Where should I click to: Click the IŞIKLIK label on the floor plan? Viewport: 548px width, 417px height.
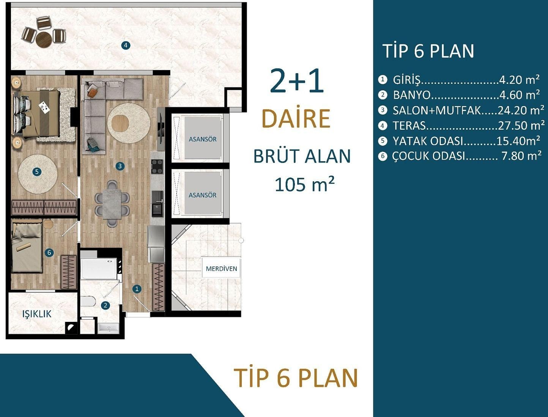(x=37, y=314)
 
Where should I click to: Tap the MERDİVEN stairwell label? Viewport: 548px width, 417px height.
(x=221, y=269)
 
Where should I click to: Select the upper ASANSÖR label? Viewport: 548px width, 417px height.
(x=203, y=139)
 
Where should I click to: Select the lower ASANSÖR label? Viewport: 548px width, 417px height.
(x=203, y=195)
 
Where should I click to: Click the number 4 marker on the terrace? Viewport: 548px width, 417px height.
(x=126, y=45)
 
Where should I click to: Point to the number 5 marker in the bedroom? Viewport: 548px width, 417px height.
(x=37, y=172)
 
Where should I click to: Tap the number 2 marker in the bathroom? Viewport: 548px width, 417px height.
(x=106, y=305)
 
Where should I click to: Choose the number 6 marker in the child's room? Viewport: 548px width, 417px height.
(x=49, y=252)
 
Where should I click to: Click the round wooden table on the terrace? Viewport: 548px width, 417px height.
(x=44, y=39)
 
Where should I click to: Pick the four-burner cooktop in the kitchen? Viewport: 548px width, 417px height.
(x=157, y=166)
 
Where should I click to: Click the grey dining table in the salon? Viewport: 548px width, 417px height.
(x=112, y=204)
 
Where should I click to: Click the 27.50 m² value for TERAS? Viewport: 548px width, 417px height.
(x=521, y=125)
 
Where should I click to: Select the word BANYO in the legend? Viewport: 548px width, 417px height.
(x=412, y=95)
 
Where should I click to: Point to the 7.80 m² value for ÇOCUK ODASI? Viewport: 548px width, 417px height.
(x=521, y=156)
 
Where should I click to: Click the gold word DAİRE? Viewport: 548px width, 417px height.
(x=296, y=119)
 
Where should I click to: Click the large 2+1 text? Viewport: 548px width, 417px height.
(x=297, y=81)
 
